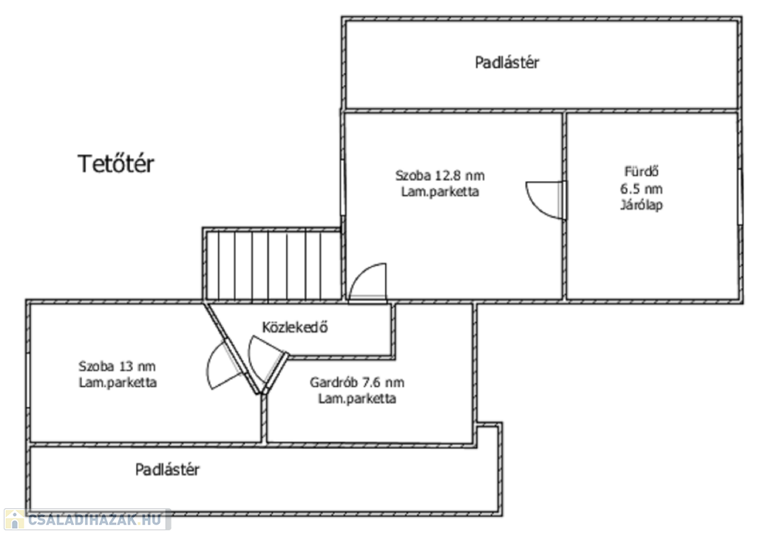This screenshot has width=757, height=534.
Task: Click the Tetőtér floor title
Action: (x=116, y=164)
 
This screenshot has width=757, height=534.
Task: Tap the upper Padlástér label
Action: (x=507, y=62)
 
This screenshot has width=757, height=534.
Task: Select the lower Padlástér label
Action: (x=167, y=469)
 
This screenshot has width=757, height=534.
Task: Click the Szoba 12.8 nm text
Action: (x=440, y=175)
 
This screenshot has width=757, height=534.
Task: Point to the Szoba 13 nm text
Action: (x=117, y=366)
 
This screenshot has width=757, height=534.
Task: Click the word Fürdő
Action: (x=641, y=171)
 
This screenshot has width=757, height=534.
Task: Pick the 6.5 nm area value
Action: (x=641, y=188)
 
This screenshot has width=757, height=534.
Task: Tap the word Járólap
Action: (x=641, y=205)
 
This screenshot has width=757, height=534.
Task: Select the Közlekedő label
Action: (x=295, y=327)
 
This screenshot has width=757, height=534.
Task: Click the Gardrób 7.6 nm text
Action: (x=357, y=382)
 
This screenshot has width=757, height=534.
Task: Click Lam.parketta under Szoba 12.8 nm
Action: (x=440, y=191)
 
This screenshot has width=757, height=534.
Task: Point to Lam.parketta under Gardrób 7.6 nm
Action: (x=357, y=398)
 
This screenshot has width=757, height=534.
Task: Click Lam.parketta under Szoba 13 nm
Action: (x=118, y=383)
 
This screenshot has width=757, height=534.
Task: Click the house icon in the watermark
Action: (x=15, y=519)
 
